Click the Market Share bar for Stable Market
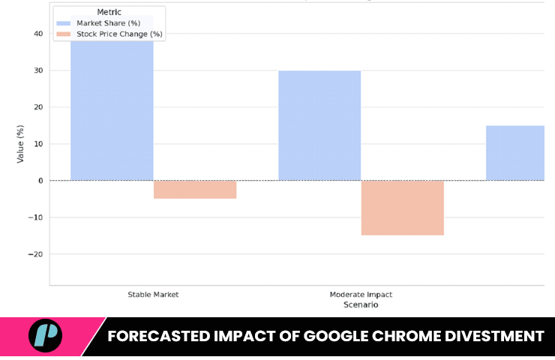112,105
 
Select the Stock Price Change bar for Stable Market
195,190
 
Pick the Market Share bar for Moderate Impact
319,125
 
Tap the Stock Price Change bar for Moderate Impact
403,208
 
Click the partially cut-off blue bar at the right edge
515,153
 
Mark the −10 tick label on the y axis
36,217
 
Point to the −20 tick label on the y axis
36,254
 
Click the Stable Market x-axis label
153,295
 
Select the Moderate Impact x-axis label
361,295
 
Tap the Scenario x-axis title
361,305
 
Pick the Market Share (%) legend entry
108,23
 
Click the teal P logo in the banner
45,335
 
